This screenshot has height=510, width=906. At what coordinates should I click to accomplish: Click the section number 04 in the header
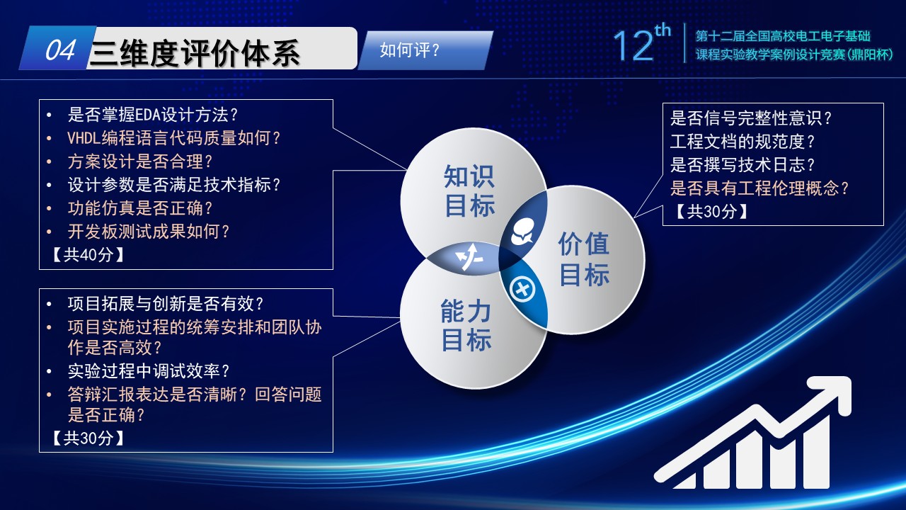pos(60,50)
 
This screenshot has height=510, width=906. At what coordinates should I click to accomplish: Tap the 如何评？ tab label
pos(410,50)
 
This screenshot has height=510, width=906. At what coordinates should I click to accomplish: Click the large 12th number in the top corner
pos(642,43)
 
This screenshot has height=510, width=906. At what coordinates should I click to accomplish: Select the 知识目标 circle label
pos(469,191)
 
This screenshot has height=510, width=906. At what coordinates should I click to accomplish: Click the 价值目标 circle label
pos(584,259)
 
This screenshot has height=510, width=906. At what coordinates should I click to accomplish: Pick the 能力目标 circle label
pos(466,325)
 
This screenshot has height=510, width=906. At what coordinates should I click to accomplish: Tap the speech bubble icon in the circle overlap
pos(523,232)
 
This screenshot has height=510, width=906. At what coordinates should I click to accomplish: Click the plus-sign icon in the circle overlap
pos(522,289)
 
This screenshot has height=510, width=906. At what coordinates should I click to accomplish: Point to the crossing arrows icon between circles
pos(469,256)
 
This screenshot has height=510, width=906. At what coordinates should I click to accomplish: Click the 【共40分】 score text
pos(88,255)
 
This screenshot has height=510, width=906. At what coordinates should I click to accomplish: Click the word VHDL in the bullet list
pos(84,138)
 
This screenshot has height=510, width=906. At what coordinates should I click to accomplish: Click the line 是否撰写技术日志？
pos(742,165)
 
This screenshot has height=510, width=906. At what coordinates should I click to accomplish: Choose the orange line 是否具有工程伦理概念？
pos(759,188)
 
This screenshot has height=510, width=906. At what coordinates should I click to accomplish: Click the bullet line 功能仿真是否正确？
pos(140,208)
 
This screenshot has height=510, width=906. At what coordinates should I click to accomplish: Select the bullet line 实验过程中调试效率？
pos(149,371)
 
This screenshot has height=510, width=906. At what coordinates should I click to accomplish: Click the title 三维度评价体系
pos(195,53)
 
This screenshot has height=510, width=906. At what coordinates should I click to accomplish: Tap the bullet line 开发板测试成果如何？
pos(149,232)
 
